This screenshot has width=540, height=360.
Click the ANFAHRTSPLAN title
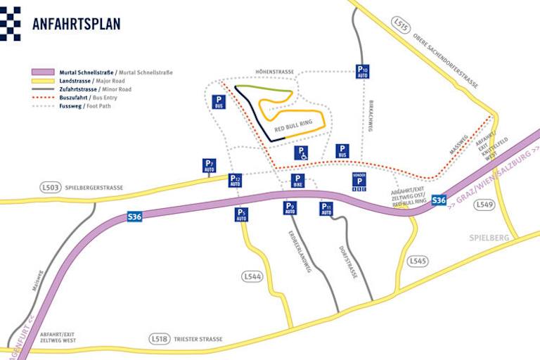click(76, 23)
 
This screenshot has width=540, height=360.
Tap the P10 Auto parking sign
click(362, 71)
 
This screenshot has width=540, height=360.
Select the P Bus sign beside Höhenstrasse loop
click(219, 102)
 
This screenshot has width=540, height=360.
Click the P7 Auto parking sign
click(209, 166)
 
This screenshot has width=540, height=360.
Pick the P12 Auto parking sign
click(235, 181)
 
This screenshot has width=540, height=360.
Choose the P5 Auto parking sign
click(241, 214)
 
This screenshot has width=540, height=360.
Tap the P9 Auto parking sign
click(290, 208)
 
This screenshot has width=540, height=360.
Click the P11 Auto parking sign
click(326, 209)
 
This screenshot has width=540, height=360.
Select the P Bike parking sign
click(298, 181)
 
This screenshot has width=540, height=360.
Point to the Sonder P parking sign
click(359, 181)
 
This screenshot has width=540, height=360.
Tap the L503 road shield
click(50, 188)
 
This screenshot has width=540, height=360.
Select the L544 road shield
click(252, 276)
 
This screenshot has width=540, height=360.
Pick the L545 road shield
click(417, 262)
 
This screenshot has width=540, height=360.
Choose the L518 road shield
click(160, 339)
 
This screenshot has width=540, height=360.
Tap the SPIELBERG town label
click(489, 238)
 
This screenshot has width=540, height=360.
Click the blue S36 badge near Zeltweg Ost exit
click(439, 200)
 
